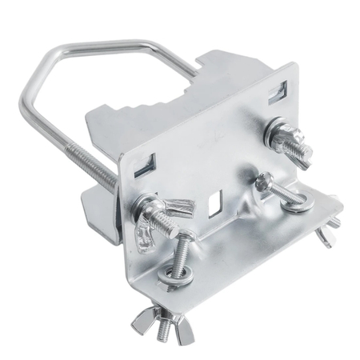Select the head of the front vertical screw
point(183,237)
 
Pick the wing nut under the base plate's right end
point(325,234)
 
